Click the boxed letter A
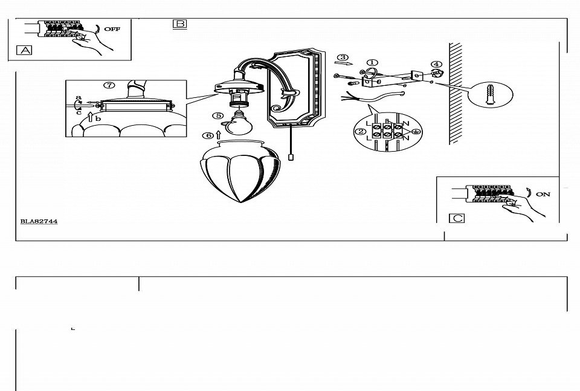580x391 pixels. coord(24,50)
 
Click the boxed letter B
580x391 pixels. coord(180,24)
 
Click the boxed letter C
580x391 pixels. coord(457,218)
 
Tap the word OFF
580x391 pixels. coord(112,29)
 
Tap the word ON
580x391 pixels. coord(543,194)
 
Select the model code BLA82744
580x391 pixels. coord(39,222)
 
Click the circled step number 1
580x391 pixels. coord(372,63)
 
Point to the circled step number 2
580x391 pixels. coord(360,132)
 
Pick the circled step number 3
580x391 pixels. coord(343,57)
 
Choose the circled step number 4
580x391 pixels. coord(436,65)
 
